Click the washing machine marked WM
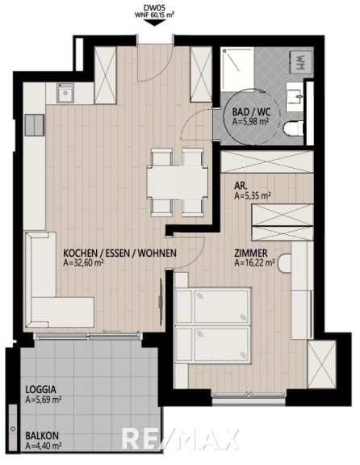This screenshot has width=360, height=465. pos(301,62)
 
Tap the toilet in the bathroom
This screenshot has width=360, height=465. pos(294,129)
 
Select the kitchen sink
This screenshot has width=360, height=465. pos(65,93)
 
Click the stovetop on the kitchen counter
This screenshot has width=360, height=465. pos(35,125)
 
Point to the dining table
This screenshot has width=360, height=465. pos(178,182)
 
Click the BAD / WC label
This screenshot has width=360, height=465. pos(251,112)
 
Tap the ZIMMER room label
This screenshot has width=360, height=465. pos(251,253)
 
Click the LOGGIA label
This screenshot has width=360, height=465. pos(40,389)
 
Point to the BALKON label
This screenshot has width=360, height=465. pos(42,436)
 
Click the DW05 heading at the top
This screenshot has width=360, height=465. pos(154,9)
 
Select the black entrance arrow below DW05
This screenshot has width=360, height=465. pos(154,23)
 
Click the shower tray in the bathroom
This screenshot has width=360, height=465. pos(238,69)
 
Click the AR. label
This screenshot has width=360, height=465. pos(241,186)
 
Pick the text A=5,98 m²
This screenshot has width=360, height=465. pos(250,121)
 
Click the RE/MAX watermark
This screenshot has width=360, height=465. pos(180,439)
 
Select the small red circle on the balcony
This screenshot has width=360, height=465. pos(12,429)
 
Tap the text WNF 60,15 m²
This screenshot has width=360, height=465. pos(154,15)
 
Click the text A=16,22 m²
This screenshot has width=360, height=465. pos(254,262)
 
